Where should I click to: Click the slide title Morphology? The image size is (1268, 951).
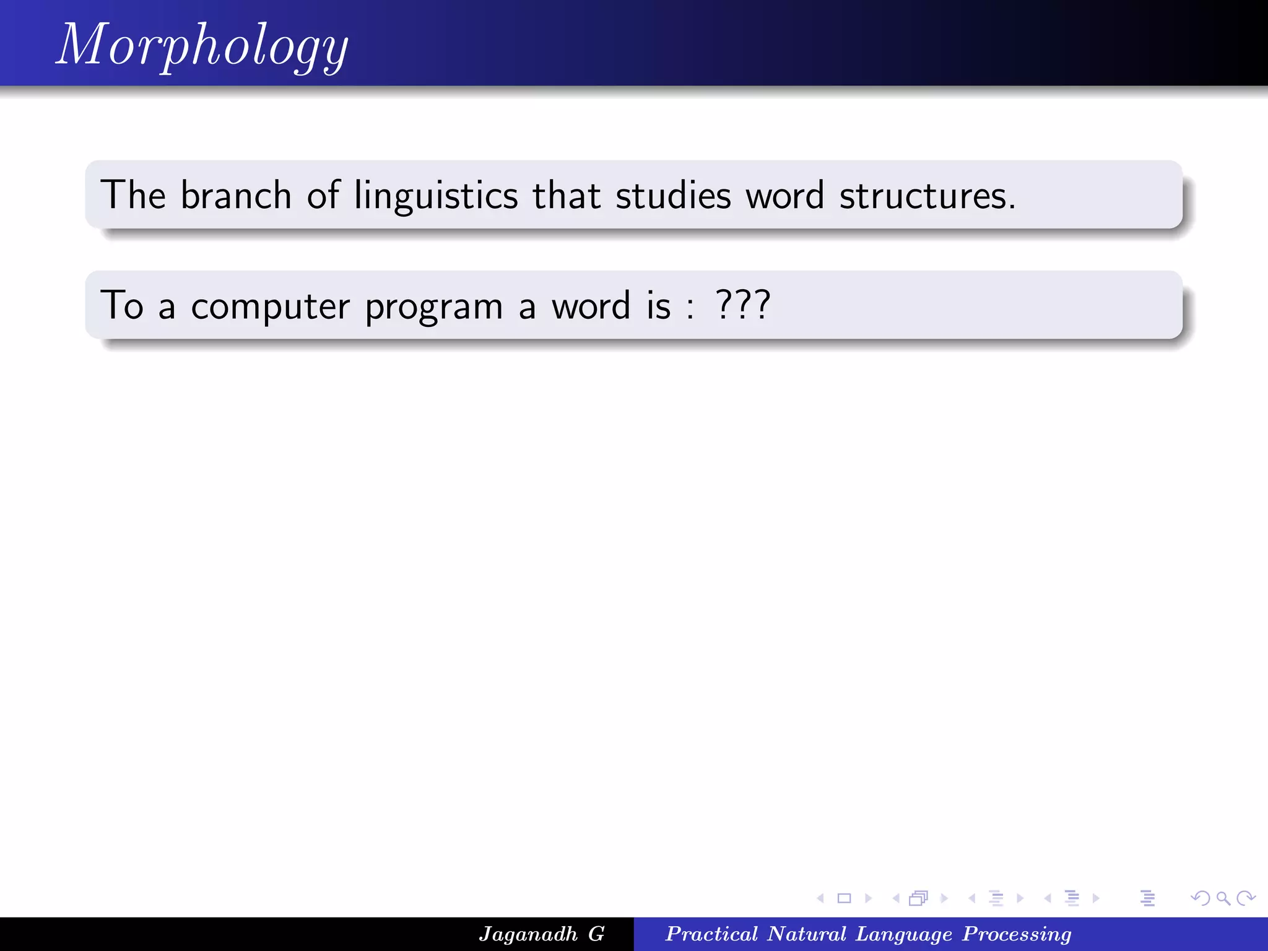coord(202,45)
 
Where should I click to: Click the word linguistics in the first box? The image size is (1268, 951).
coord(436,196)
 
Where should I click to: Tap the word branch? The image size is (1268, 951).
coord(236,196)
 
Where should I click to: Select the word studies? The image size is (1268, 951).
coord(673,196)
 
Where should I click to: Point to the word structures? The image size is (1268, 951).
coord(927,196)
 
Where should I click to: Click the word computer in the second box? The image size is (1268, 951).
coord(270,306)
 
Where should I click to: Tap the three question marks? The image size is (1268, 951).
coord(742,305)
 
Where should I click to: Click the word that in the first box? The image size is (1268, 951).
coord(567,196)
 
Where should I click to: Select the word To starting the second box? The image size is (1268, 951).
coord(122,305)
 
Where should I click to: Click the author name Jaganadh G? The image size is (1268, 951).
coord(541,934)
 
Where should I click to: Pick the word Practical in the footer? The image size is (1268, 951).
coord(711,934)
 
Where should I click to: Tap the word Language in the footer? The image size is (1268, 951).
coord(904,934)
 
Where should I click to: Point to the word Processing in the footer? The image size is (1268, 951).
coord(1017,934)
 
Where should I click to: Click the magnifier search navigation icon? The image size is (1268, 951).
coord(1223,898)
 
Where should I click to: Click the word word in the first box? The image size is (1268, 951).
coord(784,196)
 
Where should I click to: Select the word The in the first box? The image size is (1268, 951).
coord(133,196)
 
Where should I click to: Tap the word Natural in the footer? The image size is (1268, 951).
coord(807,934)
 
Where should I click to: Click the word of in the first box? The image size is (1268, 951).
coord(323,196)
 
